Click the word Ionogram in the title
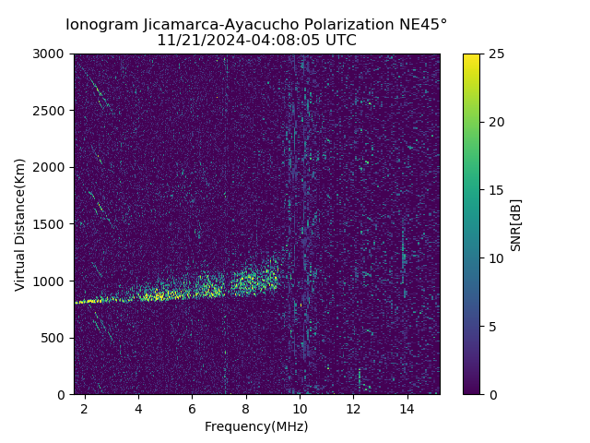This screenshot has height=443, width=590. pos(100,24)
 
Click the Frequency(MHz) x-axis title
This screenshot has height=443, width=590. pos(256,426)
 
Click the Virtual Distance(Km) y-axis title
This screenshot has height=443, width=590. pos(20,224)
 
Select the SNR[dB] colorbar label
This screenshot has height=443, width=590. pos(516,224)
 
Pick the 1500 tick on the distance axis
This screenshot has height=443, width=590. pos(52,224)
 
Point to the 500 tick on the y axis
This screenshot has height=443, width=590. pos(55,338)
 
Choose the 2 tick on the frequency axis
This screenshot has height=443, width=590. pos(85,408)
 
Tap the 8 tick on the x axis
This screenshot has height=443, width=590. pos(246,408)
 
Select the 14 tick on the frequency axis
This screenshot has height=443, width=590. pos(407,408)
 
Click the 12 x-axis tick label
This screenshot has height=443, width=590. pos(353,408)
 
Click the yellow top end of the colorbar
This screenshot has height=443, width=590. pos(471,57)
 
